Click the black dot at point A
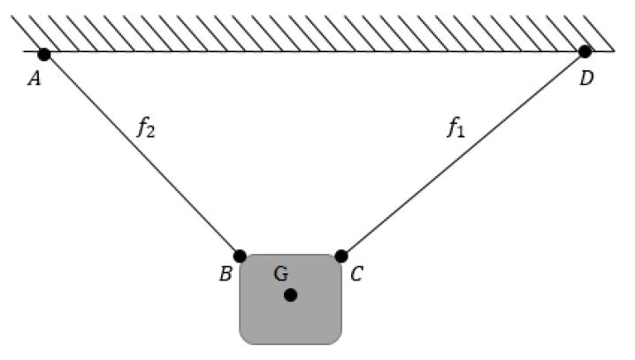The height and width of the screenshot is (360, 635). pyautogui.click(x=44, y=54)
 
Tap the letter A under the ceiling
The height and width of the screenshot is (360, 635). pyautogui.click(x=34, y=79)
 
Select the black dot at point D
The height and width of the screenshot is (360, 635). pyautogui.click(x=585, y=52)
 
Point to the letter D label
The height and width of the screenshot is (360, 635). pyautogui.click(x=587, y=78)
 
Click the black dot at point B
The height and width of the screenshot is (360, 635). pyautogui.click(x=240, y=257)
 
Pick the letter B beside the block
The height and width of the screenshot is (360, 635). pyautogui.click(x=226, y=274)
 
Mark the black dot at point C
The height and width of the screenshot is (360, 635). pyautogui.click(x=341, y=257)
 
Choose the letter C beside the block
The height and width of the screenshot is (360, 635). pyautogui.click(x=356, y=274)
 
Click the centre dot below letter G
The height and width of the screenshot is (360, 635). pyautogui.click(x=290, y=295)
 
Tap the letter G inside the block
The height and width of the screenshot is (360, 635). pyautogui.click(x=281, y=273)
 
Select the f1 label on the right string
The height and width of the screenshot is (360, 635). pyautogui.click(x=456, y=127)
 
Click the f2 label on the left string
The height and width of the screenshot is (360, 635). pyautogui.click(x=146, y=127)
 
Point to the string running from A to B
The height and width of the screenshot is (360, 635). pyautogui.click(x=142, y=155)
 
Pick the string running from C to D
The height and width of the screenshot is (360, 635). pyautogui.click(x=463, y=154)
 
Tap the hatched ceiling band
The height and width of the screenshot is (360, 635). pyautogui.click(x=313, y=34)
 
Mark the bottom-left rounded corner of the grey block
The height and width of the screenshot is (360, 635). pyautogui.click(x=243, y=341)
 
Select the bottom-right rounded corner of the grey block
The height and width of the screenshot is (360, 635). pyautogui.click(x=338, y=341)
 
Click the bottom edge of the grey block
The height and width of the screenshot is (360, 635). pyautogui.click(x=290, y=344)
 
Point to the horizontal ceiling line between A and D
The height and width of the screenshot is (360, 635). pyautogui.click(x=314, y=51)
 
